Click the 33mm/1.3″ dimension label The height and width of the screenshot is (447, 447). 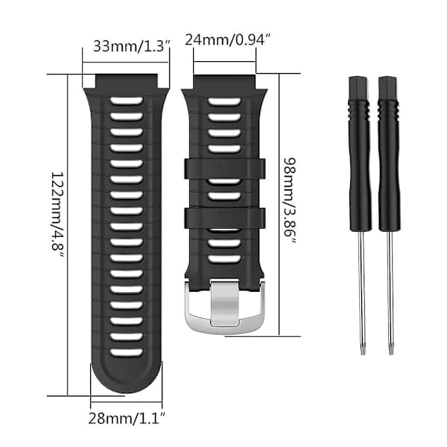pyautogui.click(x=132, y=46)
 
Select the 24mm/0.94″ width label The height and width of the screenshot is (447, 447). pyautogui.click(x=227, y=39)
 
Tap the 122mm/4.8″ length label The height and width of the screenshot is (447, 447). pyautogui.click(x=57, y=215)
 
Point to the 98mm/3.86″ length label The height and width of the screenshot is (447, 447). pyautogui.click(x=290, y=200)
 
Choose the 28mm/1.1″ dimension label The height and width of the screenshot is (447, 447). pyautogui.click(x=127, y=419)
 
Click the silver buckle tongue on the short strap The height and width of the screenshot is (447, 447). pyautogui.click(x=225, y=302)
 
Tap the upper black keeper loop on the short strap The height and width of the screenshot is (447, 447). pyautogui.click(x=225, y=169)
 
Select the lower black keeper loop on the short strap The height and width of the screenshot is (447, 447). pyautogui.click(x=225, y=218)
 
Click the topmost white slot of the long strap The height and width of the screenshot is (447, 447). pyautogui.click(x=127, y=101)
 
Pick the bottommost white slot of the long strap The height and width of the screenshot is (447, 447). pyautogui.click(x=127, y=352)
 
